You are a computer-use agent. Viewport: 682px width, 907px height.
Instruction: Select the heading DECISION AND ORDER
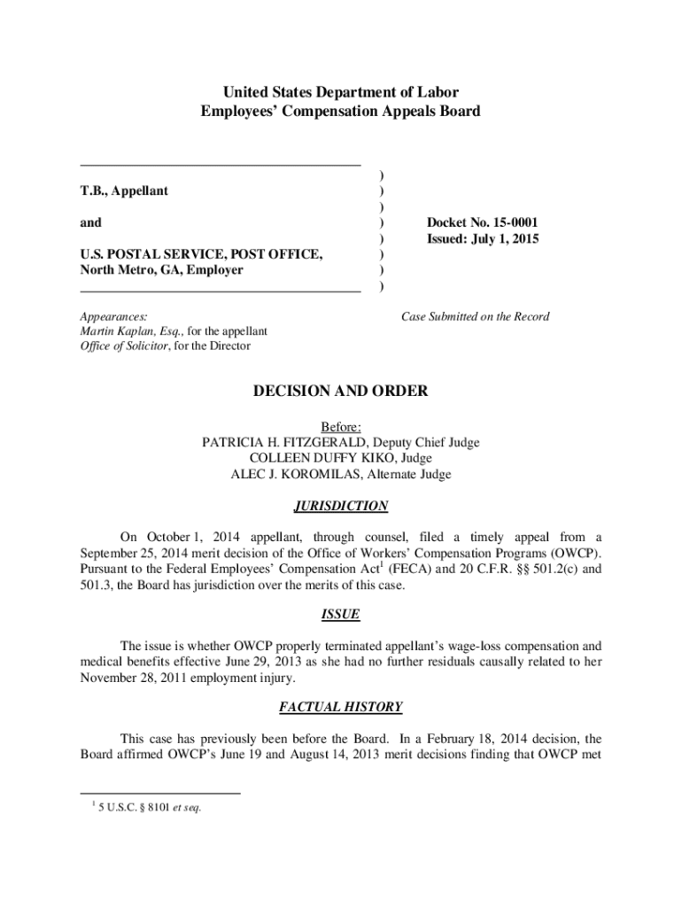(341, 391)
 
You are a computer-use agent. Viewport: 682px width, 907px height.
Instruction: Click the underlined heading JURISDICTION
(341, 507)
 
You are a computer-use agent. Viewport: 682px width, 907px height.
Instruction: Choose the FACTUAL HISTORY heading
(341, 707)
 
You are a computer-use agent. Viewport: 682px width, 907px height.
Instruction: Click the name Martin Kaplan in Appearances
(112, 331)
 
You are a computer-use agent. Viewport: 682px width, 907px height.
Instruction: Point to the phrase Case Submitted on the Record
(475, 316)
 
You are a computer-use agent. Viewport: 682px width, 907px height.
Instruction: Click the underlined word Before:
(341, 427)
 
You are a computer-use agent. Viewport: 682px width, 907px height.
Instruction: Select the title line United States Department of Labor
(341, 92)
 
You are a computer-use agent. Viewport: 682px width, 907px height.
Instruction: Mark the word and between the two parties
(90, 222)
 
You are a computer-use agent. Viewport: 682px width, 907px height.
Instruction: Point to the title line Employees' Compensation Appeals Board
(341, 112)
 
